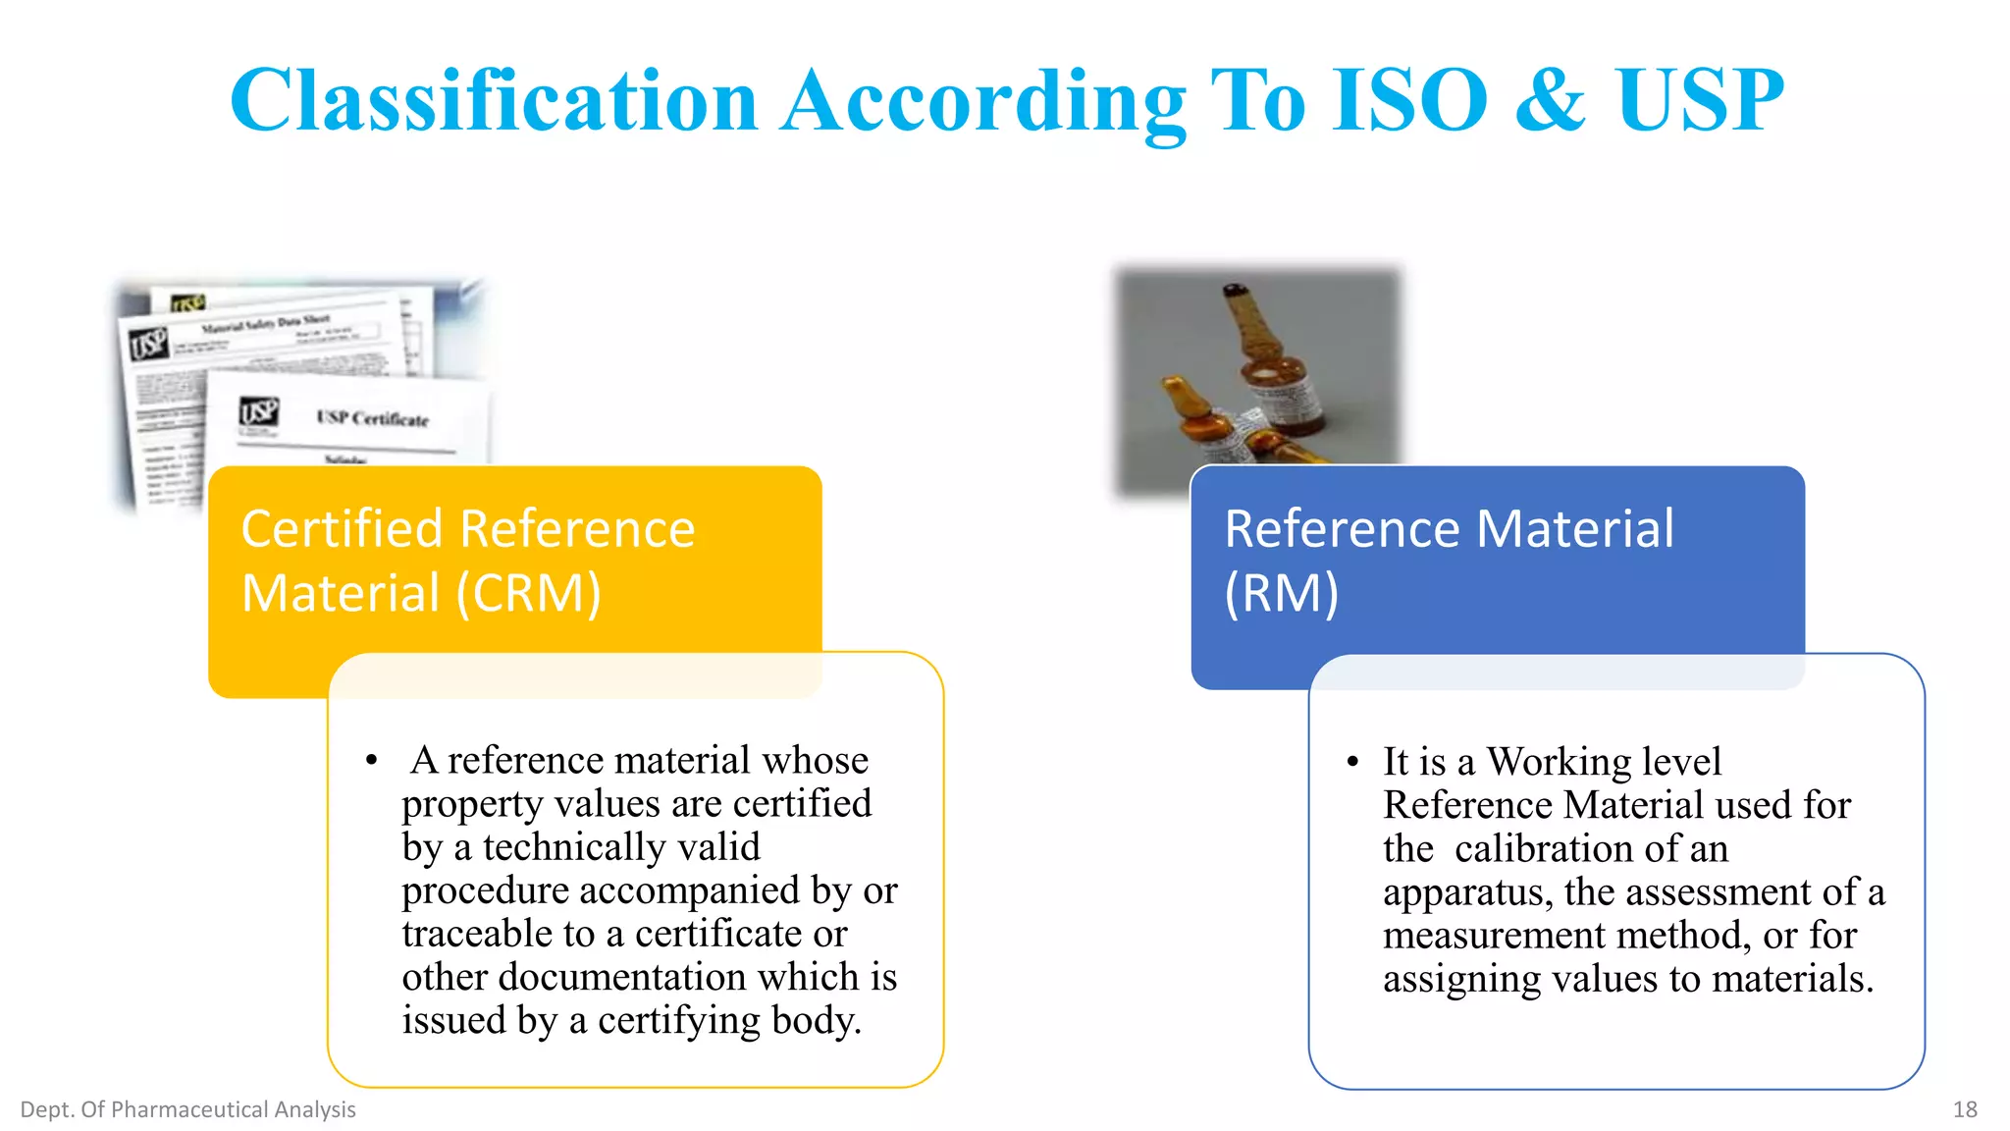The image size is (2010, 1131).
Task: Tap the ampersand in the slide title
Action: click(1550, 100)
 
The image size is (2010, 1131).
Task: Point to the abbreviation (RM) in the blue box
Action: click(1281, 593)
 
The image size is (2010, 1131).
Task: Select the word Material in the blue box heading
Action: click(1575, 529)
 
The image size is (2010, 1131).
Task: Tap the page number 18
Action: click(1964, 1109)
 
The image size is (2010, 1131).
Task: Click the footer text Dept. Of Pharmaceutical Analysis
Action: click(187, 1109)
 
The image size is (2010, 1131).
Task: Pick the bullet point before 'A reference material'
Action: click(371, 761)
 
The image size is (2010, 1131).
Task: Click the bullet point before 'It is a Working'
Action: click(1352, 762)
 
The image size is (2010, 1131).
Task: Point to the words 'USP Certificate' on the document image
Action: click(373, 418)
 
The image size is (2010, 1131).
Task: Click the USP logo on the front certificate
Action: click(259, 412)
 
